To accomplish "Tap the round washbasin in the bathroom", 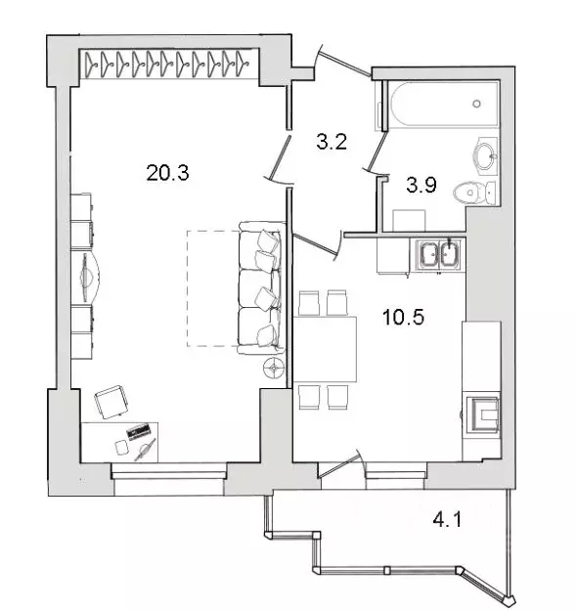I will (x=484, y=152).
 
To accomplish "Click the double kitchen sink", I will (x=437, y=255).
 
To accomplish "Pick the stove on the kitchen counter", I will (x=483, y=414).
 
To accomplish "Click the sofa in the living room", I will (x=261, y=287).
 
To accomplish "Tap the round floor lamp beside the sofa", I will (x=276, y=369).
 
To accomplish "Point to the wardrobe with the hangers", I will (x=163, y=64).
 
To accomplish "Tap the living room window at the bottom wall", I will (x=167, y=472).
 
